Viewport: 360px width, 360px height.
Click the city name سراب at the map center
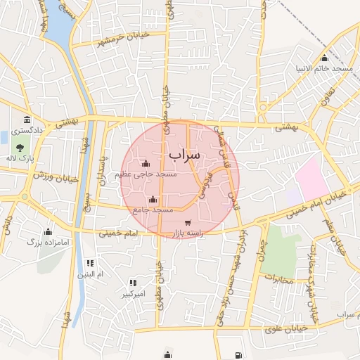tap(185, 153)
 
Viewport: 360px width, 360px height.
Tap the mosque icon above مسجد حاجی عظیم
tap(146, 163)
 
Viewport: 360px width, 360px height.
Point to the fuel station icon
tap(238, 354)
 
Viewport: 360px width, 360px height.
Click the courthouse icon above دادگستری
tap(26, 120)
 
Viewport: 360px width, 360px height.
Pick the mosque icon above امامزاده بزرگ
tap(48, 231)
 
